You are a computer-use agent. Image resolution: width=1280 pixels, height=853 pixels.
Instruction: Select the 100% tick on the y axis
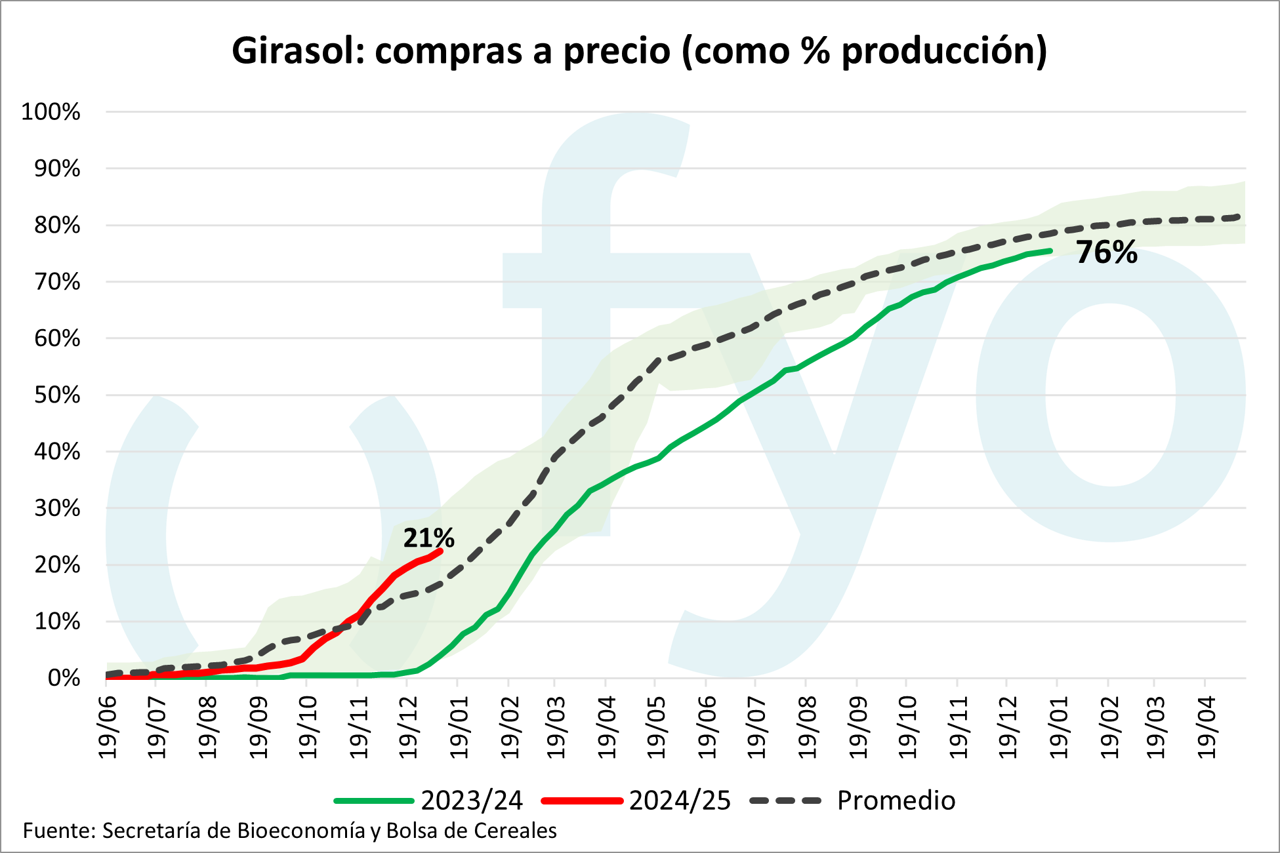[51, 112]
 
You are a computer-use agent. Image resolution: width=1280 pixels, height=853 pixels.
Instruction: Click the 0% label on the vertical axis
[64, 678]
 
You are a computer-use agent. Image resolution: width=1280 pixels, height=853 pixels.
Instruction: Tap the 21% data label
[428, 538]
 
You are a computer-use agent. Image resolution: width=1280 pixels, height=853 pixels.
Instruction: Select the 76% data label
[1106, 253]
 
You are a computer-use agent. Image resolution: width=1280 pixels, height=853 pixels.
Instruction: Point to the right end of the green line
[1051, 250]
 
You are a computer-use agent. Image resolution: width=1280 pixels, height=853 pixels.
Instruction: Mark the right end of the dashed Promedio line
[1239, 216]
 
